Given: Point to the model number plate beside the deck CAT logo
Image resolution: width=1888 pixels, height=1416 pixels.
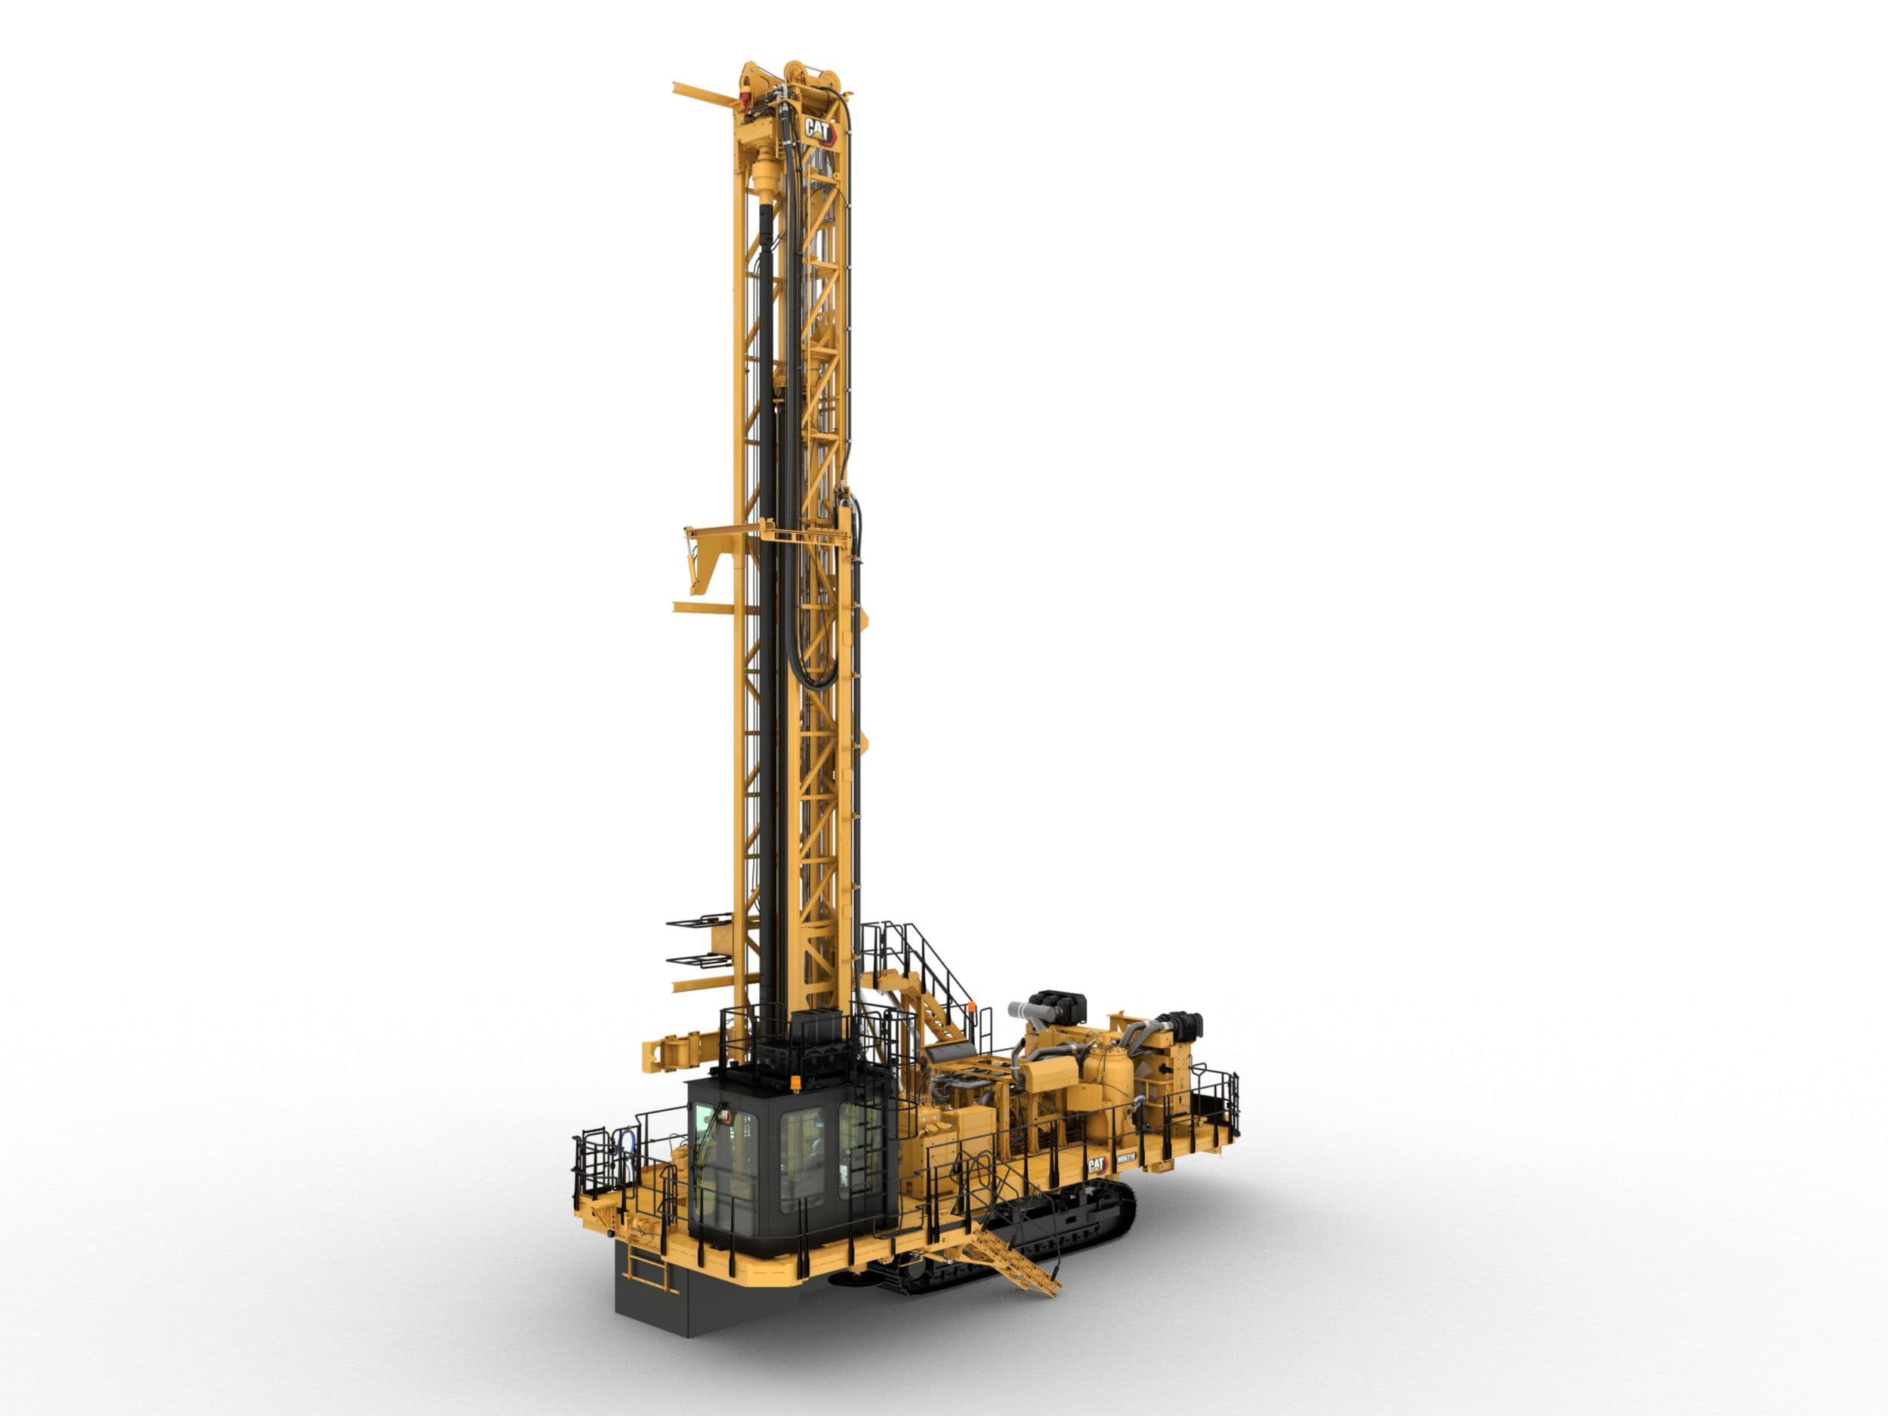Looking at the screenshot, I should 1125,1161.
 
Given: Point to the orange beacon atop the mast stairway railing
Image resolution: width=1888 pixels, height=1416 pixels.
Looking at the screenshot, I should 973,1008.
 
